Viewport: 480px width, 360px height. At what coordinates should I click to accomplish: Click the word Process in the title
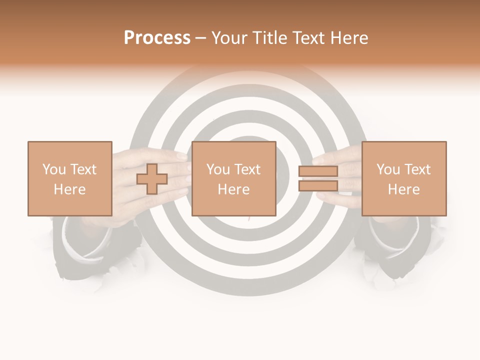point(157,38)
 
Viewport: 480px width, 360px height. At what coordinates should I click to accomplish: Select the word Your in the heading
point(229,38)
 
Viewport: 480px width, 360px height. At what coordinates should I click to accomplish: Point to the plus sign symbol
point(152,179)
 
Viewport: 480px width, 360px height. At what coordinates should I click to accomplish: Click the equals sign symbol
point(318,178)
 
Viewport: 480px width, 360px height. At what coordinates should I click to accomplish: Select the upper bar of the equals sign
point(318,171)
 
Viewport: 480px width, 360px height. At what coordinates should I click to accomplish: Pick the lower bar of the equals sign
point(318,185)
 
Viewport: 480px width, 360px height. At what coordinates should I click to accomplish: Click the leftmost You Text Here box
point(69,178)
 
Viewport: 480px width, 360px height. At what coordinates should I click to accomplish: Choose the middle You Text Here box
point(233,178)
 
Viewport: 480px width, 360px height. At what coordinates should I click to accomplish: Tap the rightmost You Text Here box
point(403,178)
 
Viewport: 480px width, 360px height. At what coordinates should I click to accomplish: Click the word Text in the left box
point(83,169)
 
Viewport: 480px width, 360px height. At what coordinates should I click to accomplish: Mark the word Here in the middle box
point(233,189)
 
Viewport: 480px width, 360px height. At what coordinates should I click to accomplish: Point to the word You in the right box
point(388,169)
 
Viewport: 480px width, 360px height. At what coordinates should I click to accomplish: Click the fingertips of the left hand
point(183,172)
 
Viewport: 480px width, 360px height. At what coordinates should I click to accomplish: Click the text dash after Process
point(200,38)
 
